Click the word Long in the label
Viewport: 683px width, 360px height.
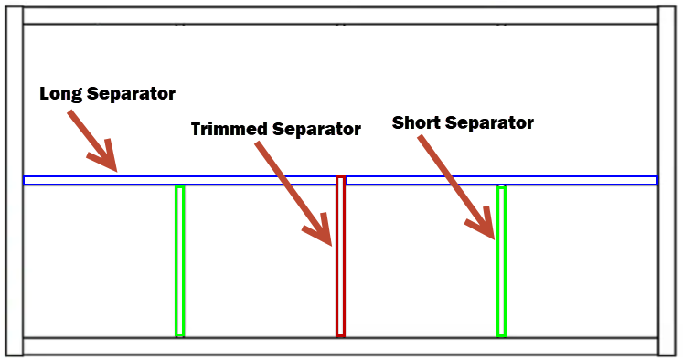(60, 94)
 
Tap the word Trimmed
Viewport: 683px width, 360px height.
(229, 129)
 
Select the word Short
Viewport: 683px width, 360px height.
(416, 122)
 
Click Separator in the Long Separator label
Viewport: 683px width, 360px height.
(131, 94)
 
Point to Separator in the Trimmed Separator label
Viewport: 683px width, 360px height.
(316, 129)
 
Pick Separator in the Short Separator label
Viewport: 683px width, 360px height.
(489, 123)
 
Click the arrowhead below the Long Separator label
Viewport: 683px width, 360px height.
(104, 156)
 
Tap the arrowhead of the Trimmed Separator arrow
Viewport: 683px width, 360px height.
(320, 230)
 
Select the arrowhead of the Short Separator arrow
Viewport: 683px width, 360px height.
(482, 223)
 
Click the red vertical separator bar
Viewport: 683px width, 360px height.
(341, 256)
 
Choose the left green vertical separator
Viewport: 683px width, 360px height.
(179, 261)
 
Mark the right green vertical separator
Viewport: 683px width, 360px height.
(501, 261)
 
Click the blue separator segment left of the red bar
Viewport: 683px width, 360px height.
(179, 180)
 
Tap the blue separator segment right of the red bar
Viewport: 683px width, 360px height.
(502, 180)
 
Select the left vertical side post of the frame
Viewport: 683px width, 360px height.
(15, 181)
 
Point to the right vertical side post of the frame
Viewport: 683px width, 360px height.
(667, 181)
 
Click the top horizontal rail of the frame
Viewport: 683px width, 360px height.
(341, 16)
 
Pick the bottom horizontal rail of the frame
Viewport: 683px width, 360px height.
(341, 346)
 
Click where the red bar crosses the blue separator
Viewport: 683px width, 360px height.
(341, 180)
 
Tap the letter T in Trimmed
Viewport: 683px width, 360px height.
(197, 129)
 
